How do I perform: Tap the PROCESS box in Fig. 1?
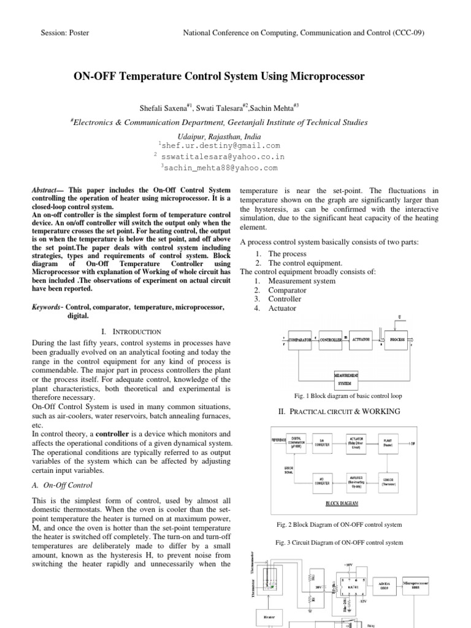point(398,339)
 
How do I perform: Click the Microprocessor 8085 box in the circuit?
point(419,583)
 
